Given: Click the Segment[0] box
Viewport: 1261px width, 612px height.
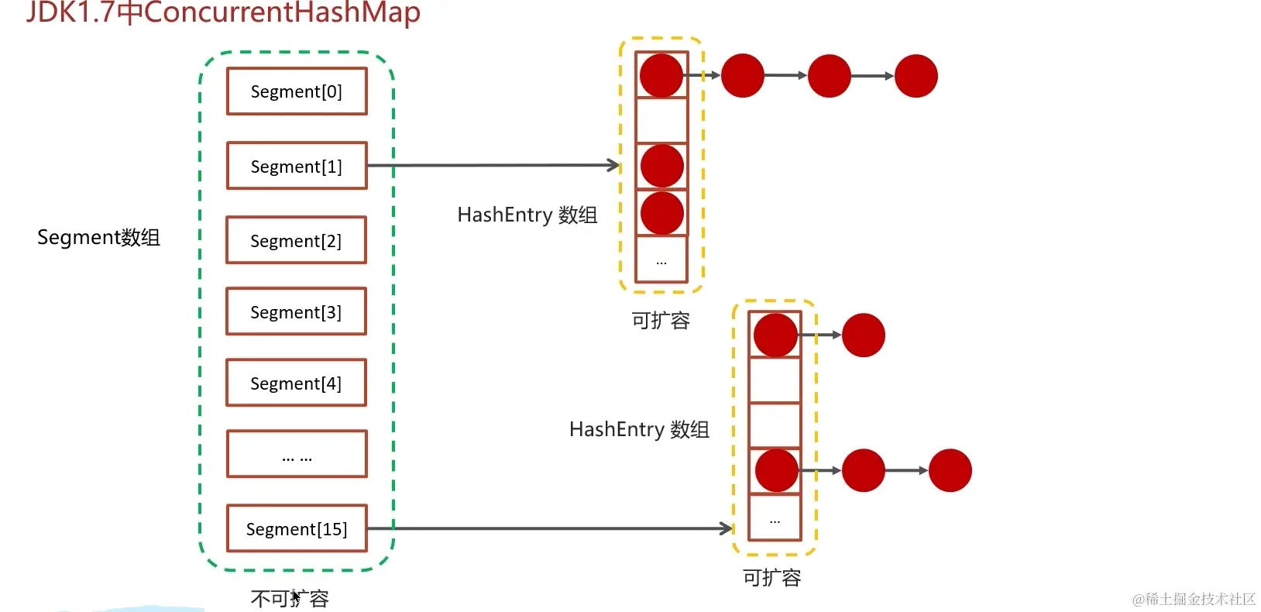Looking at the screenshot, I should click(x=297, y=91).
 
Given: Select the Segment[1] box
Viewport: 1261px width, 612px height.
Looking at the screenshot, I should click(x=297, y=166).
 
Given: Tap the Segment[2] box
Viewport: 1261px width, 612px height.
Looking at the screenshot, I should click(x=296, y=240).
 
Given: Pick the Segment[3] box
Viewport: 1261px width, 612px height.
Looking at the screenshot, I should click(x=296, y=311).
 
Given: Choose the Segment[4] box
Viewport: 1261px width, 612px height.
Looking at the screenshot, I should click(x=296, y=383).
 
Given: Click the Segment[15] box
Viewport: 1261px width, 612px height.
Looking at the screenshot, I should click(x=297, y=528).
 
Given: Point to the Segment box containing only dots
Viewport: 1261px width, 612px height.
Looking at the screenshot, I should click(x=297, y=454).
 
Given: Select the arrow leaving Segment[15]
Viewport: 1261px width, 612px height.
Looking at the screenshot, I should click(x=550, y=528).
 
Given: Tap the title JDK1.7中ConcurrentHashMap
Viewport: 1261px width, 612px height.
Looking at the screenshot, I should click(x=223, y=12).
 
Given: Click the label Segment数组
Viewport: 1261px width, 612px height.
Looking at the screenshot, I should click(x=98, y=237).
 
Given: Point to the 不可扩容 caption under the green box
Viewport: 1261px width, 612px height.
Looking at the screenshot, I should click(x=290, y=598).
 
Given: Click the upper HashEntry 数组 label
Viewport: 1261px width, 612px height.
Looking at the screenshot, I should click(x=527, y=215).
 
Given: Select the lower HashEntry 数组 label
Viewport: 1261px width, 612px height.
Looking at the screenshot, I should click(x=639, y=429).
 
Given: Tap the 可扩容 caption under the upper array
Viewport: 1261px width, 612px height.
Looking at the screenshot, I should click(x=660, y=320).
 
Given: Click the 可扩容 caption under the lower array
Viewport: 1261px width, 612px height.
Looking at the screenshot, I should click(x=771, y=577).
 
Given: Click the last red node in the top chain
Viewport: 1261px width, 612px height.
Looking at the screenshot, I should click(x=916, y=76).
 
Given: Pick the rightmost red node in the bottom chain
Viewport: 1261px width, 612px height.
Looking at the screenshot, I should click(x=950, y=470).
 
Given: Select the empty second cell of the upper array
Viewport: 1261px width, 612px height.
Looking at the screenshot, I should click(x=661, y=120).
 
